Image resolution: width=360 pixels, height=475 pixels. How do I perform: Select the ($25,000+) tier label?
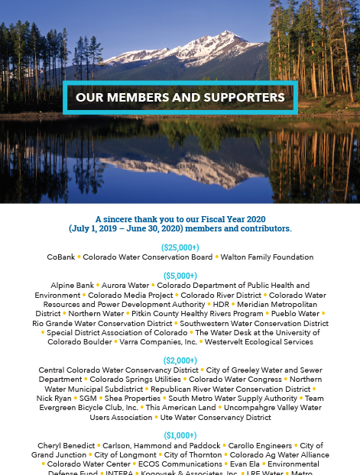click(180, 247)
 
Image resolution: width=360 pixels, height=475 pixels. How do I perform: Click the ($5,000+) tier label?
click(180, 276)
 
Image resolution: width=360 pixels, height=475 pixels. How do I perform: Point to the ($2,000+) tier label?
click(180, 360)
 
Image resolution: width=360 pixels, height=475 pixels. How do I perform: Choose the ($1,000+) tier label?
click(180, 435)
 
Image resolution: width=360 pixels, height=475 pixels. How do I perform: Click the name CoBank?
click(61, 257)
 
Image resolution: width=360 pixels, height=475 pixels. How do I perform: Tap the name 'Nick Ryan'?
click(54, 398)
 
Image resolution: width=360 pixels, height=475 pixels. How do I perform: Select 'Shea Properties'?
click(133, 398)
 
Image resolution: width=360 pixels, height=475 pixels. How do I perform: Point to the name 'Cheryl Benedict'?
click(63, 445)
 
